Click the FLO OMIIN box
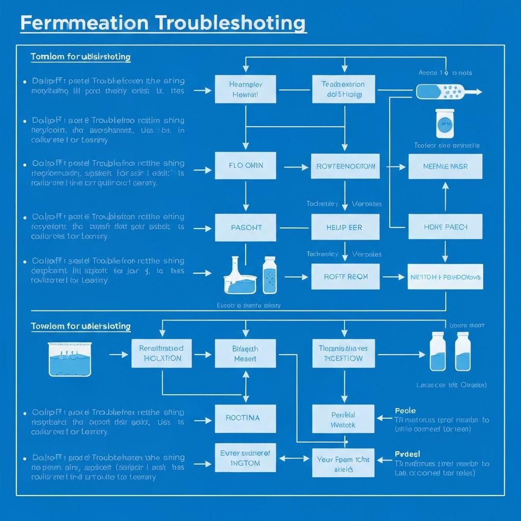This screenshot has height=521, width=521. coord(245,165)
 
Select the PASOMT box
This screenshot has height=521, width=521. coord(245,227)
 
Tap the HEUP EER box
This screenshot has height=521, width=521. coord(345,227)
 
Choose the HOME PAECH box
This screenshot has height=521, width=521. coord(445,227)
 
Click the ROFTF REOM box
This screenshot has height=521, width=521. coord(345,277)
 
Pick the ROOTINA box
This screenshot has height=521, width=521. coord(245,418)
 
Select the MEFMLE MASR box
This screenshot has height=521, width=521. coord(445,166)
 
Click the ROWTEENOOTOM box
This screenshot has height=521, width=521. coord(345,166)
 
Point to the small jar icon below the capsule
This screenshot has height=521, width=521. coord(445,123)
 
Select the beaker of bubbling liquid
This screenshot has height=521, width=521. coord(70,359)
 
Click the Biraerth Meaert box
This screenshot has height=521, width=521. coord(245,353)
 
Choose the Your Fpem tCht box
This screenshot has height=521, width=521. coord(343,464)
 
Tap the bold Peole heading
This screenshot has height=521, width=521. coord(405,411)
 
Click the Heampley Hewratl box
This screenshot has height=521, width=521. coord(245,89)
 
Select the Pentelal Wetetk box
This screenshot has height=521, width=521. coord(343,419)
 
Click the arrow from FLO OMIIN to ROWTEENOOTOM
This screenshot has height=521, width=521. coord(295,166)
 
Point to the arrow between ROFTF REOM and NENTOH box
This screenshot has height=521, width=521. coord(393,277)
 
